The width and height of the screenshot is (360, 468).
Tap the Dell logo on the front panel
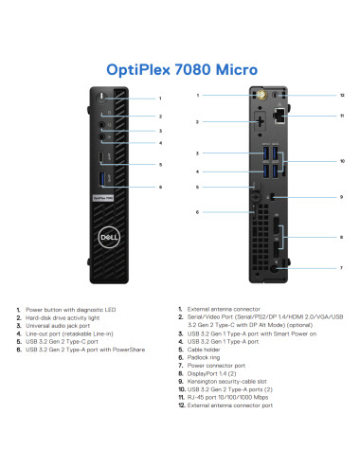click(x=104, y=238)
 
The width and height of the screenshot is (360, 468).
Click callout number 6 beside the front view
click(x=160, y=187)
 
